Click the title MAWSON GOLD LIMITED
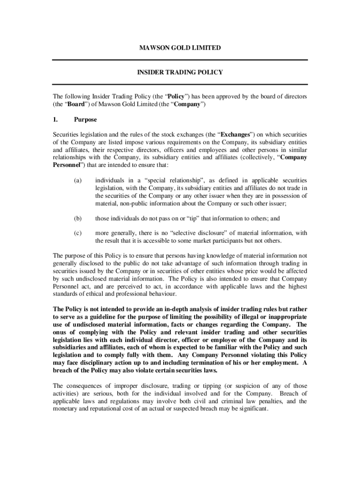click(x=180, y=48)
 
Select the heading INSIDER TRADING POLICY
click(x=180, y=73)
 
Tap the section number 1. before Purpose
click(x=56, y=120)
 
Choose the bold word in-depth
click(x=179, y=309)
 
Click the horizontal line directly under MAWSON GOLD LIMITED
click(x=180, y=60)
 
